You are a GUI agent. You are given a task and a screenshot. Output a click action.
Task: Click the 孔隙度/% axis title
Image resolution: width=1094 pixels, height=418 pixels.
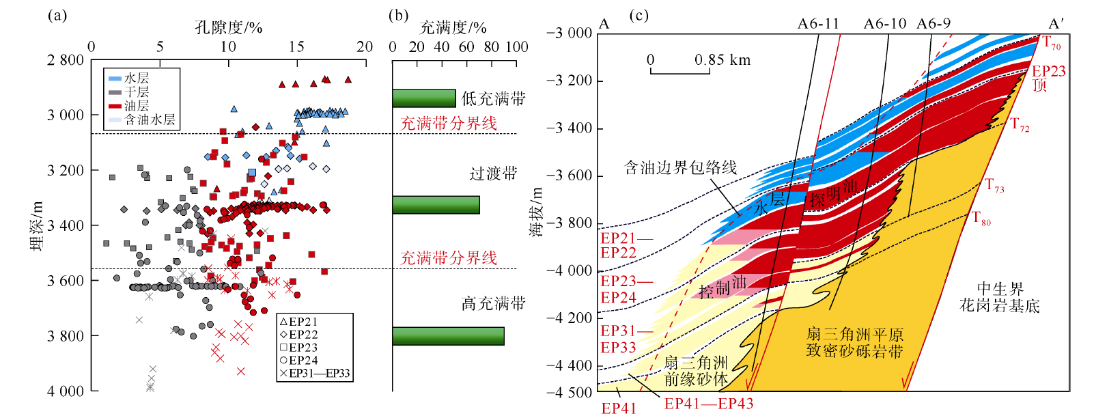pyautogui.click(x=228, y=27)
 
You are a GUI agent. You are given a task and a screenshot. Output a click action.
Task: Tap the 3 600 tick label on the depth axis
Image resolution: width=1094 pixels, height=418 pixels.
pyautogui.click(x=65, y=281)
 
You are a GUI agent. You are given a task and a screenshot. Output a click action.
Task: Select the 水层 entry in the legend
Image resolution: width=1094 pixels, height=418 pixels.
pyautogui.click(x=136, y=79)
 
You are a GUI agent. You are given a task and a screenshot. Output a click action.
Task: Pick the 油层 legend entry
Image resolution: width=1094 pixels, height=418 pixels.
pyautogui.click(x=136, y=106)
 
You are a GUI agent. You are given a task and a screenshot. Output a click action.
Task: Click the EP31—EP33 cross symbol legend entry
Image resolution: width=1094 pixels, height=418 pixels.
pyautogui.click(x=315, y=374)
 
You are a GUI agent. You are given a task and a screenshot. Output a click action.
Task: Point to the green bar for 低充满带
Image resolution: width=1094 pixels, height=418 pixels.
pyautogui.click(x=423, y=98)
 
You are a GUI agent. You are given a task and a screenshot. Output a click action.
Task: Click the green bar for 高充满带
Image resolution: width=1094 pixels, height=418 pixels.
pyautogui.click(x=448, y=336)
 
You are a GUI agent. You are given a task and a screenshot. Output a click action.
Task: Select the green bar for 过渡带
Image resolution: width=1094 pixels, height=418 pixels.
pyautogui.click(x=436, y=205)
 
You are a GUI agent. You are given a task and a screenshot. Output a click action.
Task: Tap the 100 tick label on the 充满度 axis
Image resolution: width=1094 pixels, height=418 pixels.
pyautogui.click(x=516, y=46)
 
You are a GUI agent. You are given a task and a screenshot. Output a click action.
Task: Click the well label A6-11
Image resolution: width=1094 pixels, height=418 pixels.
pyautogui.click(x=818, y=24)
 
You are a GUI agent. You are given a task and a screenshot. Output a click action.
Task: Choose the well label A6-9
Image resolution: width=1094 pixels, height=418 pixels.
pyautogui.click(x=934, y=24)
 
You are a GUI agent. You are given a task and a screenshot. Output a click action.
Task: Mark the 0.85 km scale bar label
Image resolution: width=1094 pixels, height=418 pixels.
pyautogui.click(x=723, y=60)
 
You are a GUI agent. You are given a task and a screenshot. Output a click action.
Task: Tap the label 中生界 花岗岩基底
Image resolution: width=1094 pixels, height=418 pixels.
pyautogui.click(x=999, y=297)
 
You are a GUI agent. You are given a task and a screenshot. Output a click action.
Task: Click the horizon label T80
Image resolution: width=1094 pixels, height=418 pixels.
pyautogui.click(x=981, y=219)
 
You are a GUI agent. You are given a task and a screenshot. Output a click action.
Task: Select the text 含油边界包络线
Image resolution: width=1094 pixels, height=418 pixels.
pyautogui.click(x=680, y=167)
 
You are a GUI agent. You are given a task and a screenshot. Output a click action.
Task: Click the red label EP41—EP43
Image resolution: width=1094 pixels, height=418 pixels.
pyautogui.click(x=709, y=404)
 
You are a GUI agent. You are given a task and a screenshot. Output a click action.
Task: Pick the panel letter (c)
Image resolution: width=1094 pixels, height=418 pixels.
pyautogui.click(x=638, y=15)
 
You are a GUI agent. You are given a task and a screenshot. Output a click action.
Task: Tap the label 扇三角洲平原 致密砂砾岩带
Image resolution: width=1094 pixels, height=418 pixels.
pyautogui.click(x=854, y=343)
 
